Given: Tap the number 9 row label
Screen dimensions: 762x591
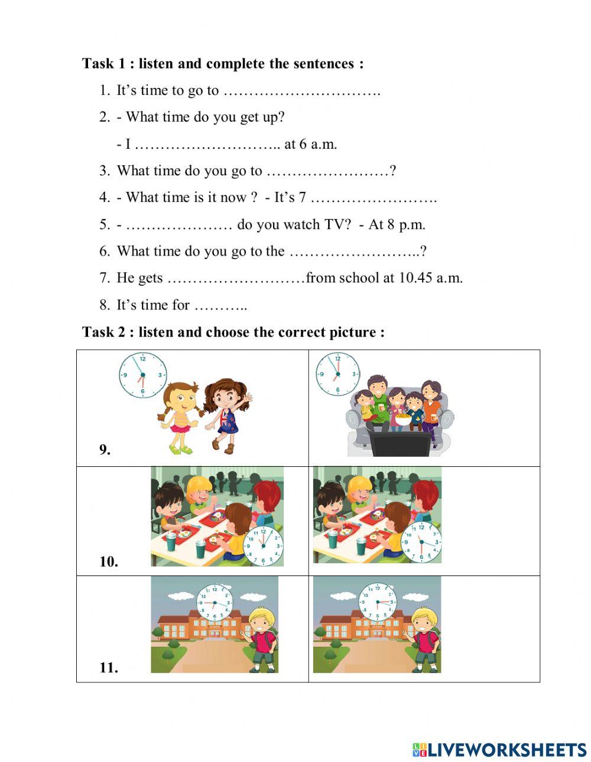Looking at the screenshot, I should (x=105, y=450).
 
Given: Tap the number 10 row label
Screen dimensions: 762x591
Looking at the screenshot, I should (x=109, y=562).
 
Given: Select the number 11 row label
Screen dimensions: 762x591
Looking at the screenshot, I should (x=109, y=668).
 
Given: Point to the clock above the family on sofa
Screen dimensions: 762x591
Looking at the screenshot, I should (x=337, y=374).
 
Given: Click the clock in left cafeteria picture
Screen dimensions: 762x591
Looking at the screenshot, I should (x=264, y=547).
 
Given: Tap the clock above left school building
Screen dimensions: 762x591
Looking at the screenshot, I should (x=215, y=602).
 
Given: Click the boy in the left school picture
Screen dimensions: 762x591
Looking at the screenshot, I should (x=262, y=640).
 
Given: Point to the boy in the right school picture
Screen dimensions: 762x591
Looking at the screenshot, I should (x=424, y=640).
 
